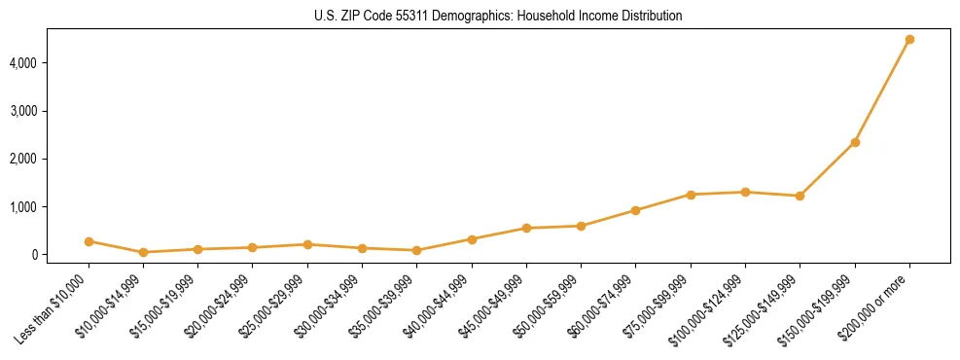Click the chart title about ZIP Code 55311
click(x=498, y=16)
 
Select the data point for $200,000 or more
click(x=909, y=40)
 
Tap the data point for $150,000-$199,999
click(x=855, y=142)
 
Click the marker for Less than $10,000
click(x=89, y=241)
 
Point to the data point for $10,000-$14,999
click(x=143, y=252)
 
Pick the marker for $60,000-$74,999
click(x=635, y=210)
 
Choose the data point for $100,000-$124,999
click(x=745, y=192)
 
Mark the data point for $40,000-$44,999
click(x=472, y=239)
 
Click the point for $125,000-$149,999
click(x=800, y=196)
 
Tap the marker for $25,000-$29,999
click(x=307, y=244)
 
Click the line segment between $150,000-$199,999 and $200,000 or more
click(x=882, y=91)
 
